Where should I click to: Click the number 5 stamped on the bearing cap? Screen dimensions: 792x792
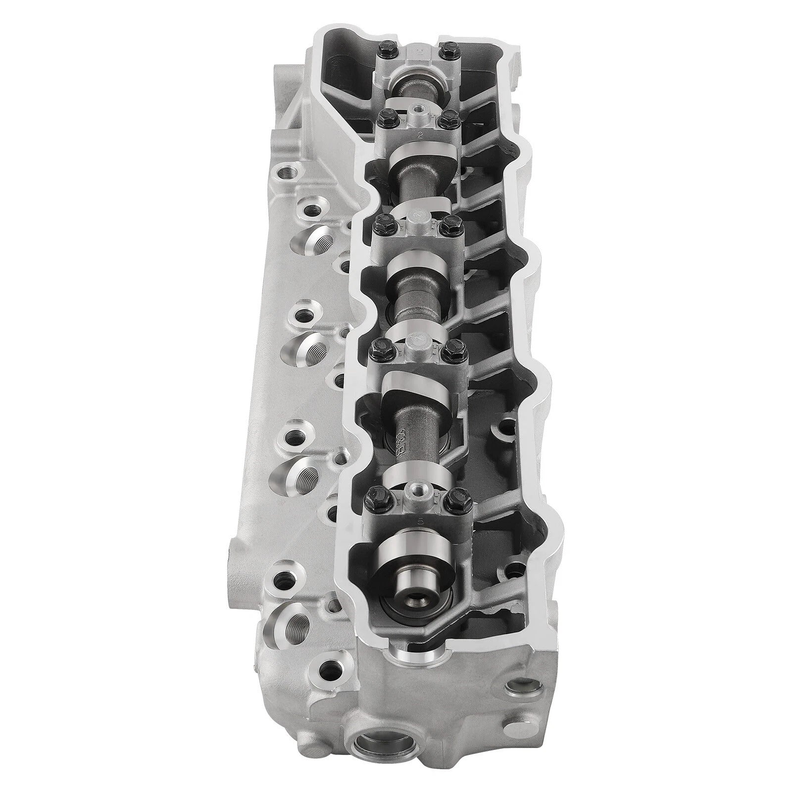(x=420, y=521)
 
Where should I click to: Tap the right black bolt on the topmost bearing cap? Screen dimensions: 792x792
(x=448, y=48)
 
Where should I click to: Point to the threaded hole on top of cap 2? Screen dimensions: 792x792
(x=417, y=107)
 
